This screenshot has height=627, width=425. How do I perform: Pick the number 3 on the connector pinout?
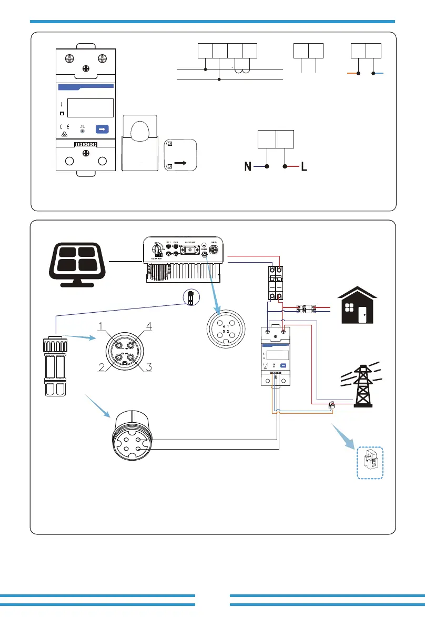tap(148, 367)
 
